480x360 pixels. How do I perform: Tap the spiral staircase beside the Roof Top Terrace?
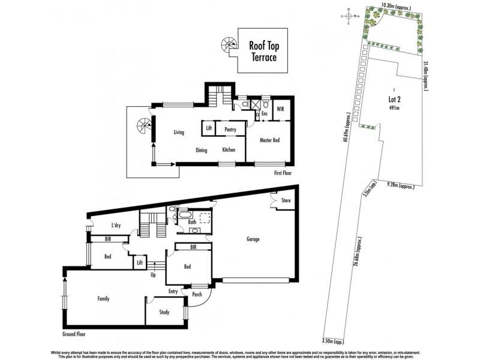click(229, 44)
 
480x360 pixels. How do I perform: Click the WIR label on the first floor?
click(280, 109)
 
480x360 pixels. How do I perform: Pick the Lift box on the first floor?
click(208, 128)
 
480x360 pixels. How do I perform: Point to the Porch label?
click(197, 294)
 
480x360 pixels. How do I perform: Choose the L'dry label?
click(117, 226)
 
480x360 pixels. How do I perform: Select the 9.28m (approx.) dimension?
click(401, 187)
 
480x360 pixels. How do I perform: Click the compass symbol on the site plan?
click(347, 16)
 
